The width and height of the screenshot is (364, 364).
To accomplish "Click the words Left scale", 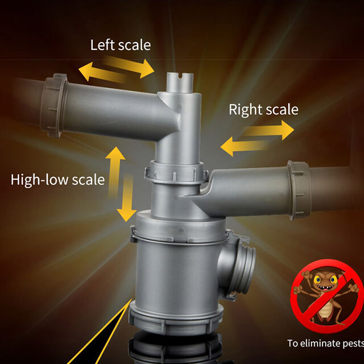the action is (x=121, y=45).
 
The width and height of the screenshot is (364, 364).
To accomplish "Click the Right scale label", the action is (x=263, y=109).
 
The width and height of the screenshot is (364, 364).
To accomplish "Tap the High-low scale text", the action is (x=57, y=180).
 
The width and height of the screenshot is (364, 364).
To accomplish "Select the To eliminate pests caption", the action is (x=325, y=343).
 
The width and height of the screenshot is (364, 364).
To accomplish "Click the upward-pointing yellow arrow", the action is (x=115, y=172).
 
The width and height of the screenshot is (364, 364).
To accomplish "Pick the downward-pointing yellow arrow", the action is (x=127, y=198).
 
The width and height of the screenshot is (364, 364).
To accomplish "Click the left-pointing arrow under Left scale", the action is (x=102, y=72).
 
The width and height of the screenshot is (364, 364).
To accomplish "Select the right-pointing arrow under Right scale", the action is (x=268, y=130).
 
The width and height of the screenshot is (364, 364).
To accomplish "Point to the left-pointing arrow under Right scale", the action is (x=244, y=147).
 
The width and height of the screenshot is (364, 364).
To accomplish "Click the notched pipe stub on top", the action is (x=180, y=82).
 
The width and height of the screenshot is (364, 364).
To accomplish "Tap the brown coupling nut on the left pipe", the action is (x=53, y=105).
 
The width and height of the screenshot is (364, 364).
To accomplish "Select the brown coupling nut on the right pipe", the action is (x=300, y=190).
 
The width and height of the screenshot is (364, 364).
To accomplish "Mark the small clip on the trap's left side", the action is (x=133, y=234).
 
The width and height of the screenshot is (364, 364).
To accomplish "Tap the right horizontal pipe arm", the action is (x=246, y=191).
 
